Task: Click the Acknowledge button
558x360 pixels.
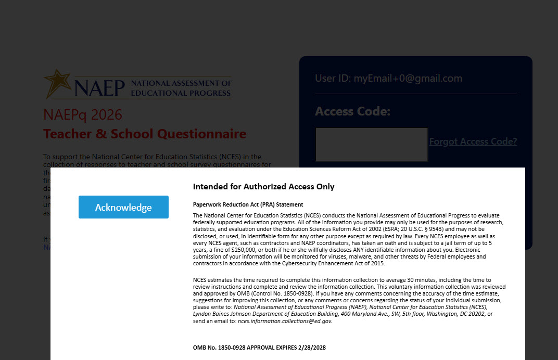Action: [123, 207]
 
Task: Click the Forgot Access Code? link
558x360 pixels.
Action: [473, 142]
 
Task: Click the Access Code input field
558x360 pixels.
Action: [371, 144]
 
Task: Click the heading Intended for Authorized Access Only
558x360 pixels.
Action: [263, 186]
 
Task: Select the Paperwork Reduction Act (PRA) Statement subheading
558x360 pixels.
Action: [248, 204]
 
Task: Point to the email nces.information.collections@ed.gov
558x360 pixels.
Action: [285, 321]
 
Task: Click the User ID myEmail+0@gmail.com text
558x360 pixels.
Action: [388, 79]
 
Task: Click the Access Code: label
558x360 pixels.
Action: [352, 111]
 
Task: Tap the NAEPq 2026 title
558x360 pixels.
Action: [83, 114]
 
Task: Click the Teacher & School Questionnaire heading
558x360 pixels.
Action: [145, 134]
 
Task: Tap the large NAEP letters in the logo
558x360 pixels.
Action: [99, 87]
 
